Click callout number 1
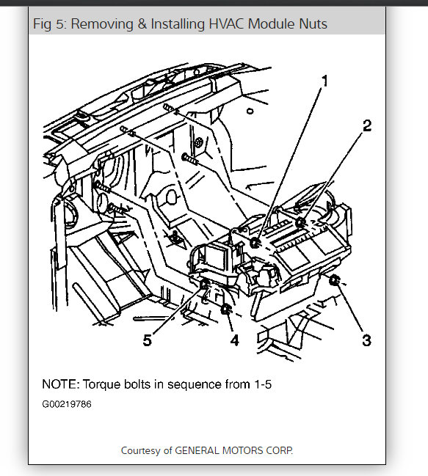325,81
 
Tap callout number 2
367,125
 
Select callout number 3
366,340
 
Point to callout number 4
234,340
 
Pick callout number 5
148,340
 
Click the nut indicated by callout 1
255,242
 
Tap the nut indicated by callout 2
301,223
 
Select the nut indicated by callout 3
334,280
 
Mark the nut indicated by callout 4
225,310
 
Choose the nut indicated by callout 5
204,285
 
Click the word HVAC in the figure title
226,23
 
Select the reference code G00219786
67,404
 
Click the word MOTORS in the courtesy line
242,450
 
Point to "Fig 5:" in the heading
49,24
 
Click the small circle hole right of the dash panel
250,111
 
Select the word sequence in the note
195,385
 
